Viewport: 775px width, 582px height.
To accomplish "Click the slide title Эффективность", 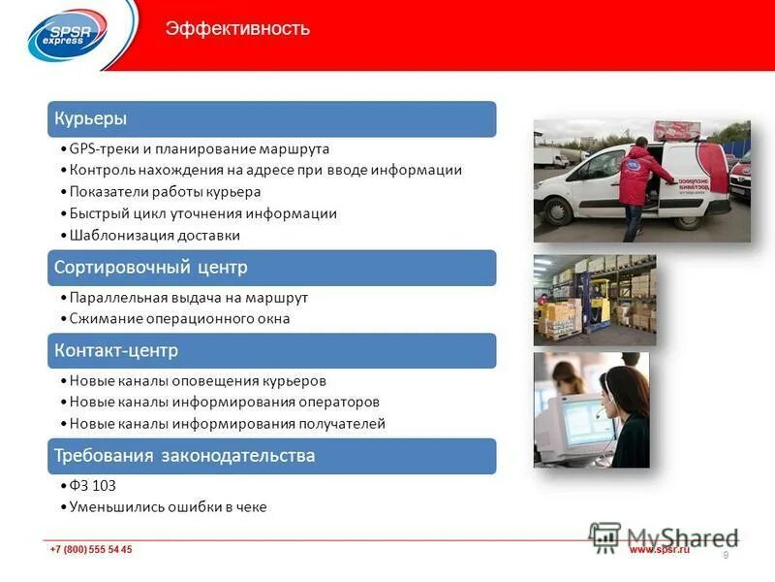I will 237,28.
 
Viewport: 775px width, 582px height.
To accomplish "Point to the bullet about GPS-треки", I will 200,149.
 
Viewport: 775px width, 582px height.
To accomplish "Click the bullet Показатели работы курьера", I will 165,192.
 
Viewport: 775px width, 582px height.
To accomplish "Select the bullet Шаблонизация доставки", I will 155,235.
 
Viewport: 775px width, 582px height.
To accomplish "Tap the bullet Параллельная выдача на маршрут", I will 189,298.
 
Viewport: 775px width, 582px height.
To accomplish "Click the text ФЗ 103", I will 93,486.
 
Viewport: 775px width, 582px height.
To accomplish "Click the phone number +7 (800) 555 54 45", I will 91,550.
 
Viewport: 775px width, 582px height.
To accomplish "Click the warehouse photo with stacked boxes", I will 594,300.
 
